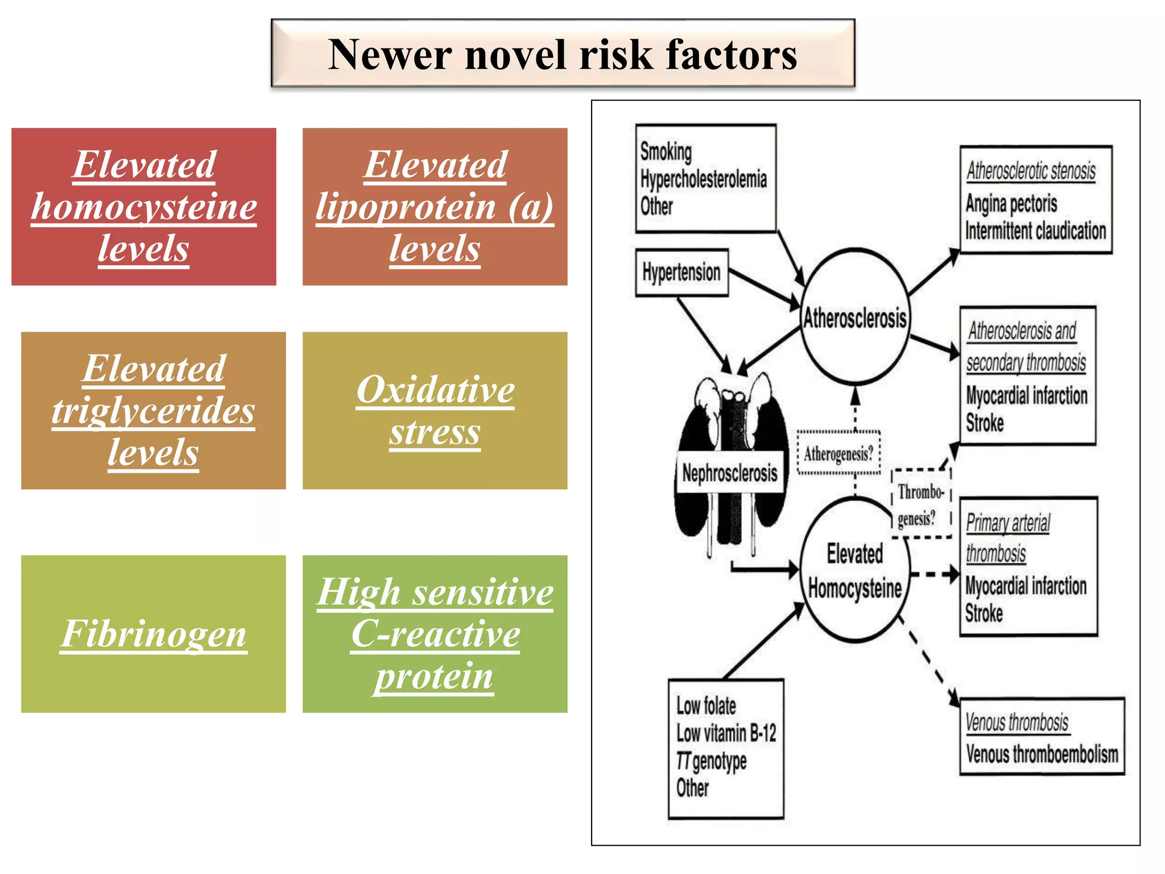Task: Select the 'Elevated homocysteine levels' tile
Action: (x=143, y=207)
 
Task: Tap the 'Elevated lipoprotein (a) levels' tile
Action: (x=435, y=207)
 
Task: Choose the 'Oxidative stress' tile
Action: (x=435, y=410)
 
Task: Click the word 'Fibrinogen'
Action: (x=154, y=634)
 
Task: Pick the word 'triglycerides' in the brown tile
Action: (x=154, y=411)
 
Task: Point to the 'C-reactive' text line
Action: (x=435, y=634)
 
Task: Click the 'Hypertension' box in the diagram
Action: (x=681, y=273)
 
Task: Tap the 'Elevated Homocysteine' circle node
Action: (x=854, y=571)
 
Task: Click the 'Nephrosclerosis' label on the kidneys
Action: (x=729, y=473)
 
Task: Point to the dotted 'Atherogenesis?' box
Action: (x=838, y=454)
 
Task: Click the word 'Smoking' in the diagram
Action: (x=666, y=151)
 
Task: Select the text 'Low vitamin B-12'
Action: (x=726, y=733)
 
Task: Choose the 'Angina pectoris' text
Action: (x=1011, y=203)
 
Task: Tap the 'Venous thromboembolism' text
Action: (x=1042, y=755)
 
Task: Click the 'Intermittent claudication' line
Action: (x=1035, y=231)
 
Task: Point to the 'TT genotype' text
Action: (x=711, y=761)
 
